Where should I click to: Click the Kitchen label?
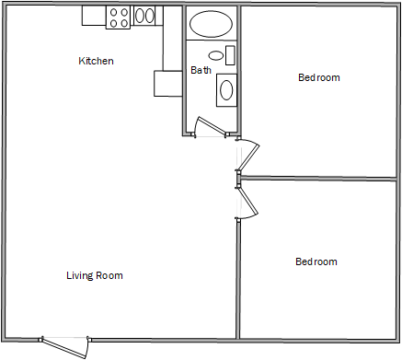96,62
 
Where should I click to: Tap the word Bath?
201,70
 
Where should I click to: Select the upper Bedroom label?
318,77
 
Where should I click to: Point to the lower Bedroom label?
316,261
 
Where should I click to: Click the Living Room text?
95,275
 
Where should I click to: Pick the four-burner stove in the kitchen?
119,16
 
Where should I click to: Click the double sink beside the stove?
145,16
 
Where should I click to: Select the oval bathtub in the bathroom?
212,24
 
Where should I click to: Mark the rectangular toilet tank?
230,54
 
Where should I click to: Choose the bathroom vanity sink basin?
226,89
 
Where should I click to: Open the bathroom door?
212,128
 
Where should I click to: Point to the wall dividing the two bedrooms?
320,178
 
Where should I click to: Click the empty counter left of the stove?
94,16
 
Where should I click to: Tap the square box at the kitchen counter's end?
167,83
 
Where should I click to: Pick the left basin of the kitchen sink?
140,16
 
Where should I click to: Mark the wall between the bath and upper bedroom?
240,69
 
